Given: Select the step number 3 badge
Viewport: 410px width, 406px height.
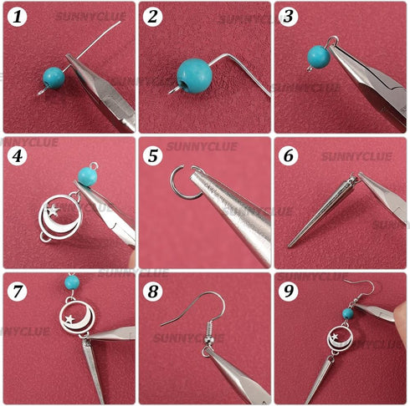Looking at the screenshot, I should pyautogui.click(x=288, y=17).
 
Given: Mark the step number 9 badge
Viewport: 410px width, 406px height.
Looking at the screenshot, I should pyautogui.click(x=288, y=289).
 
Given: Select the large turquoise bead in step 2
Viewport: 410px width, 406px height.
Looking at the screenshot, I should pyautogui.click(x=193, y=76).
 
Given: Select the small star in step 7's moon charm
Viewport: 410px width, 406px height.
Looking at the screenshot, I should pyautogui.click(x=67, y=318).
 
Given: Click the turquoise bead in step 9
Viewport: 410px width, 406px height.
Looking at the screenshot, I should pyautogui.click(x=347, y=313).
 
